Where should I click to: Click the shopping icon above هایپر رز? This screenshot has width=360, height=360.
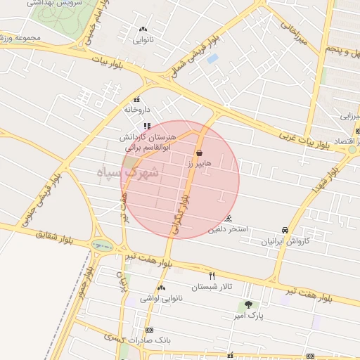(200, 153)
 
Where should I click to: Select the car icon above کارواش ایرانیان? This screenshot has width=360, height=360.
(285, 231)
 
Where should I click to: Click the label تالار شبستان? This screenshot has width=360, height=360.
(212, 287)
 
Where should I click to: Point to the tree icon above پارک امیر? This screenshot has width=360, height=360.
(247, 304)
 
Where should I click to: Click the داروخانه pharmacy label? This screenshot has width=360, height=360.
(137, 110)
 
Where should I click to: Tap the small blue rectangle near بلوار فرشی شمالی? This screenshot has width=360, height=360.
(212, 58)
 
